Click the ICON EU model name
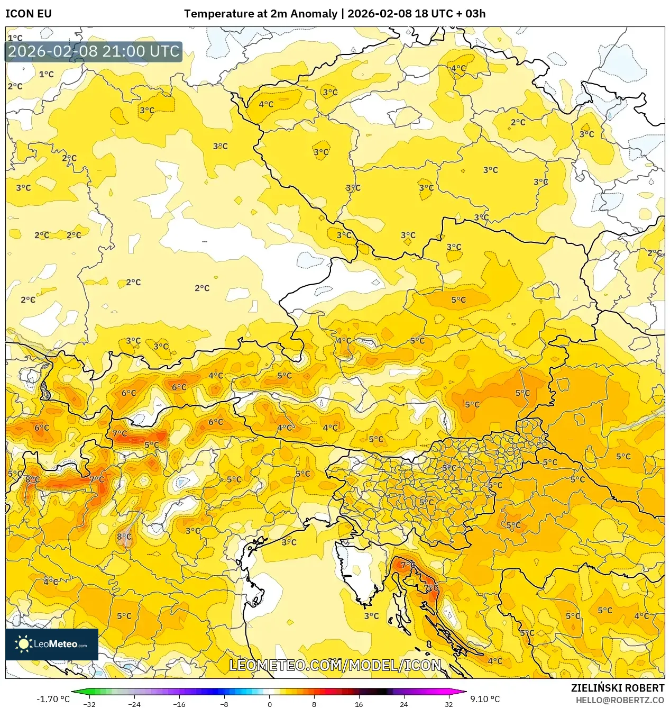pyautogui.click(x=29, y=14)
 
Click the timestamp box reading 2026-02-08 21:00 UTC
pyautogui.click(x=94, y=51)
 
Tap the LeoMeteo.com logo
pyautogui.click(x=52, y=644)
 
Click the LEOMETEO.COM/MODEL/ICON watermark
pyautogui.click(x=335, y=665)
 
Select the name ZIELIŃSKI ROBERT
pyautogui.click(x=617, y=688)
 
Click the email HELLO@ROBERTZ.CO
pyautogui.click(x=620, y=700)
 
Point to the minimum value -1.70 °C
pyautogui.click(x=53, y=699)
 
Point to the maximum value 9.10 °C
pyautogui.click(x=485, y=699)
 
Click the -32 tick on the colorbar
pyautogui.click(x=89, y=704)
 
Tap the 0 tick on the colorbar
pyautogui.click(x=269, y=704)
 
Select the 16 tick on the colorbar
pyautogui.click(x=359, y=704)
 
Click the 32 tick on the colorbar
pyautogui.click(x=448, y=704)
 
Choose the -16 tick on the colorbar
pyautogui.click(x=179, y=704)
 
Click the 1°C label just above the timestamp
pyautogui.click(x=15, y=38)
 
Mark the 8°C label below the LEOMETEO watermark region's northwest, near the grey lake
pyautogui.click(x=124, y=537)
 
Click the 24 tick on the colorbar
pyautogui.click(x=403, y=704)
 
